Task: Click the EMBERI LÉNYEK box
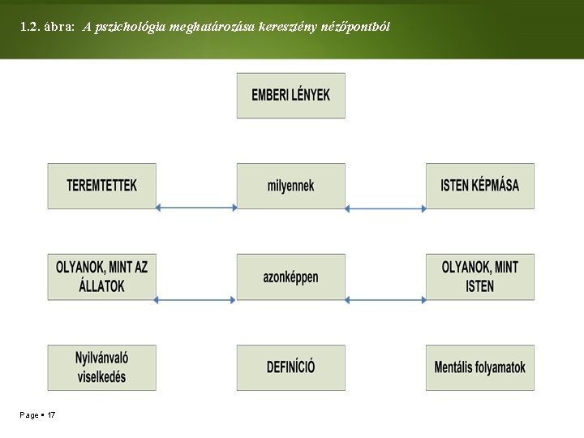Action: click(x=290, y=96)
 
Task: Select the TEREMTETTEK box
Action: click(x=101, y=186)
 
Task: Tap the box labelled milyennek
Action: click(x=290, y=186)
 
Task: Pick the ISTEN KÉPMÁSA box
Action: click(x=480, y=186)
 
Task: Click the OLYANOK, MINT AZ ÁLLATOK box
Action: click(x=101, y=277)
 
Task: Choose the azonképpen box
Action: click(x=290, y=277)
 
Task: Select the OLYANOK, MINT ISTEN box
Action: click(x=480, y=277)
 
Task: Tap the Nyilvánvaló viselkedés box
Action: click(x=101, y=367)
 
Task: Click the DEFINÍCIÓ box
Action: click(x=290, y=367)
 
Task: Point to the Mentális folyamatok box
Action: click(x=480, y=367)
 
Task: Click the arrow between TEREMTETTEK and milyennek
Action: click(x=196, y=208)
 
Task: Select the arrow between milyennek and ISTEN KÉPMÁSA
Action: click(x=385, y=208)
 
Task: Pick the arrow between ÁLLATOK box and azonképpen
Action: click(x=196, y=300)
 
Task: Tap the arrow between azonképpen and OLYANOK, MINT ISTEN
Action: click(x=385, y=300)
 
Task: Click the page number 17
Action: click(x=51, y=415)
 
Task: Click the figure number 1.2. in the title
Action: click(x=34, y=27)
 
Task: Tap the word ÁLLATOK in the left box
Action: click(x=101, y=286)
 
